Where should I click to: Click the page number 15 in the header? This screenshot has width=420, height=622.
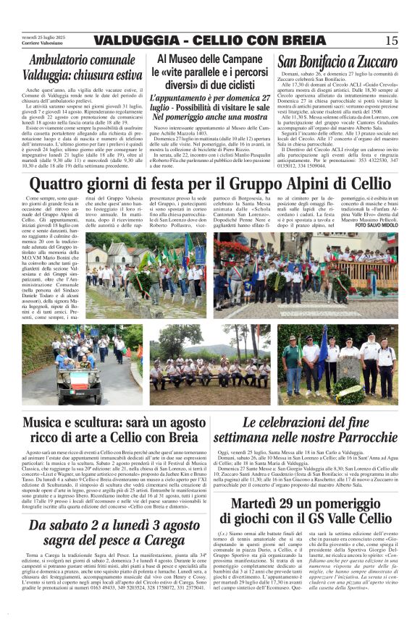pyautogui.click(x=392, y=40)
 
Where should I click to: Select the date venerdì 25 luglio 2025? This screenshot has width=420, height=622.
pyautogui.click(x=41, y=36)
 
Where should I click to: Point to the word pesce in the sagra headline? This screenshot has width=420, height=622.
pyautogui.click(x=111, y=539)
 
